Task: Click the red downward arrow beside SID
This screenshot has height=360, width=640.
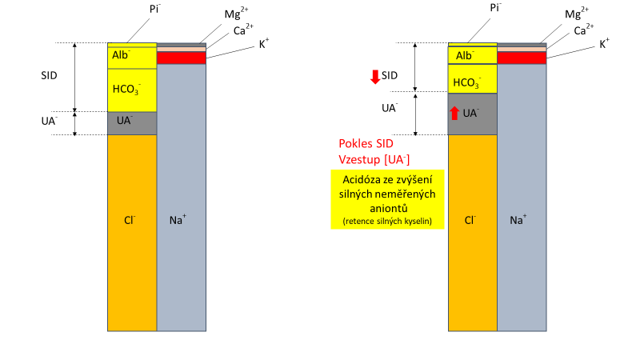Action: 374,77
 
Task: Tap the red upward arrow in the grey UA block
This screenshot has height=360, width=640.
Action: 454,113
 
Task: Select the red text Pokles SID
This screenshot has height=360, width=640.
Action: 368,144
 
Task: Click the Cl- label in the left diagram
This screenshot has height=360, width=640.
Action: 130,218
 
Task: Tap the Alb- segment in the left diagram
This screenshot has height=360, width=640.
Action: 131,57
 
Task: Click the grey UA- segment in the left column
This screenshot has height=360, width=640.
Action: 131,123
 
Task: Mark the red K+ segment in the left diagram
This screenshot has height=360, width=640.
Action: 182,58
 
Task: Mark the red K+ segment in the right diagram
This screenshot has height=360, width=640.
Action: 522,58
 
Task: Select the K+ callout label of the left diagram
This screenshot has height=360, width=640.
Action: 263,44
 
